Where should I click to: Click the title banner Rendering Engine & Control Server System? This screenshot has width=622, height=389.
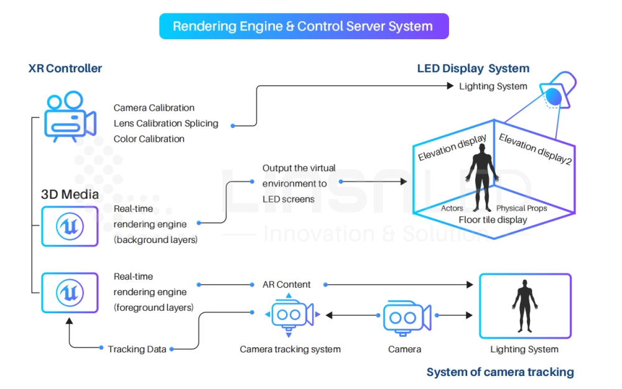point(303,27)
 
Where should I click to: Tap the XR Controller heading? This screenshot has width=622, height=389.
point(65,68)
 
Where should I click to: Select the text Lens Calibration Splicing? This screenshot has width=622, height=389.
point(166,123)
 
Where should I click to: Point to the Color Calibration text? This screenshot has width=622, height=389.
point(149,139)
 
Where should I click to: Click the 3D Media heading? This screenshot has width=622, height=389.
point(70,194)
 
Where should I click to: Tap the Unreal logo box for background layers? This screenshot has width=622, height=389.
point(70,226)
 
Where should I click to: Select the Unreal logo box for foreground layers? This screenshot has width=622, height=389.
point(70,292)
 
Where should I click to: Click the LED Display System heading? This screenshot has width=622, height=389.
point(473,68)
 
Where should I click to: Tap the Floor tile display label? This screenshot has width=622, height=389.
point(493,219)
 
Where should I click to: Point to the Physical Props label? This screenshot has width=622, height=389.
point(521,208)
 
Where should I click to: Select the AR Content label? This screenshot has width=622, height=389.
point(285,285)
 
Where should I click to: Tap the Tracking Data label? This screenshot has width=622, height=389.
point(137,349)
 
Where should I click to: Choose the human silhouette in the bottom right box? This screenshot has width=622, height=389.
point(524,304)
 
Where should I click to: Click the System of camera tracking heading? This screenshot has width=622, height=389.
point(500,372)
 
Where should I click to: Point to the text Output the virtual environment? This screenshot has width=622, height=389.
point(299,176)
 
